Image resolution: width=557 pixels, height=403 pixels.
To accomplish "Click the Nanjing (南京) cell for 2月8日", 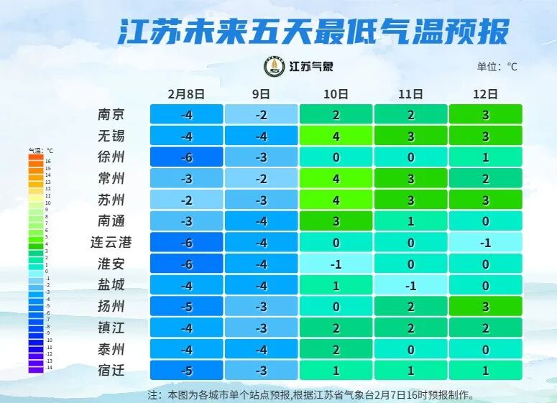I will (186, 114).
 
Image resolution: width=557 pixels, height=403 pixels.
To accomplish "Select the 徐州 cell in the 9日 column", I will (261, 157).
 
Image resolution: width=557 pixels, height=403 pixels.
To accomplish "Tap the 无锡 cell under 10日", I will (336, 136).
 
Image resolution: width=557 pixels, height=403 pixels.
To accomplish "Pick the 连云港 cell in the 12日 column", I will (486, 242).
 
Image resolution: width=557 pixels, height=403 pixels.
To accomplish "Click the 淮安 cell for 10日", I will (336, 264).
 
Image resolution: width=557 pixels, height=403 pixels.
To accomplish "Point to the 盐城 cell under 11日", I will (410, 285).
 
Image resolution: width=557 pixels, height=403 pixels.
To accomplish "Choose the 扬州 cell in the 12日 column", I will (486, 306).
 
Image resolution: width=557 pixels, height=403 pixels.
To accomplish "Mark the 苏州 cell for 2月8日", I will (186, 200).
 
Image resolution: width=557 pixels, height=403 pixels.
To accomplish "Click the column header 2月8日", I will (186, 94).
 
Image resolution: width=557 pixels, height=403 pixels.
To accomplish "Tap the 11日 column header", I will (410, 94).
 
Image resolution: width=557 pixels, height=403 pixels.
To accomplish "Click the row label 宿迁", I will (111, 371).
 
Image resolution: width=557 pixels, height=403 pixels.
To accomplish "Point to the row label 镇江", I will (111, 328).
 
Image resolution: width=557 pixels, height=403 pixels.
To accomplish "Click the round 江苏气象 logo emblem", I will (274, 67).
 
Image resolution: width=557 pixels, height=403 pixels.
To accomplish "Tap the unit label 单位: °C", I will (497, 67).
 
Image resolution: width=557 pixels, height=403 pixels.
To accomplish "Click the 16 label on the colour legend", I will (48, 162).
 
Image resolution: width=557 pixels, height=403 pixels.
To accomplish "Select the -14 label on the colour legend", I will (49, 367).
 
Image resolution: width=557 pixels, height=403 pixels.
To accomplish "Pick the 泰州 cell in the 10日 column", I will (336, 349).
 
